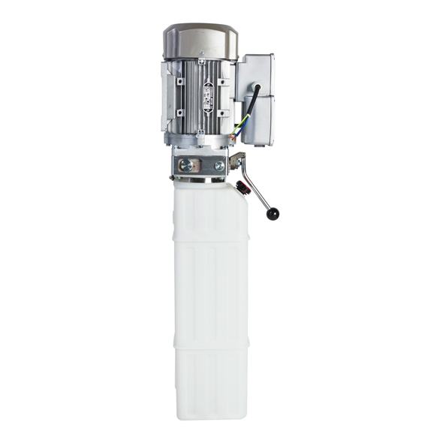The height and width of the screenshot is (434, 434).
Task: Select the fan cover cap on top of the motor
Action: click(x=200, y=38)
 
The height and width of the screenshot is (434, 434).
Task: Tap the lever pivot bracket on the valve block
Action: click(x=237, y=161)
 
